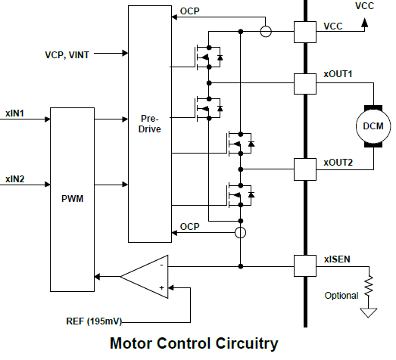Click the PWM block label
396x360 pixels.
pos(72,199)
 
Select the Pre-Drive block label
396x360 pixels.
pos(149,124)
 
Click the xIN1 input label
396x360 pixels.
pos(14,113)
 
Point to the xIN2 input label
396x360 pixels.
pos(15,179)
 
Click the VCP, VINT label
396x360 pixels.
pos(67,55)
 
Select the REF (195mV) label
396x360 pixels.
pos(94,321)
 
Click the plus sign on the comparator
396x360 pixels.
pos(162,288)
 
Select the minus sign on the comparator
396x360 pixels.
pos(161,265)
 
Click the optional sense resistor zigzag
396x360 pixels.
pos(369,287)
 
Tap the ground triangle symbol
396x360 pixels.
pos(369,313)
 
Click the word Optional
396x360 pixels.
pos(341,296)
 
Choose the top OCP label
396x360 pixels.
pos(189,11)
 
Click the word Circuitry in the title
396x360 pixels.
pos(247,343)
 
